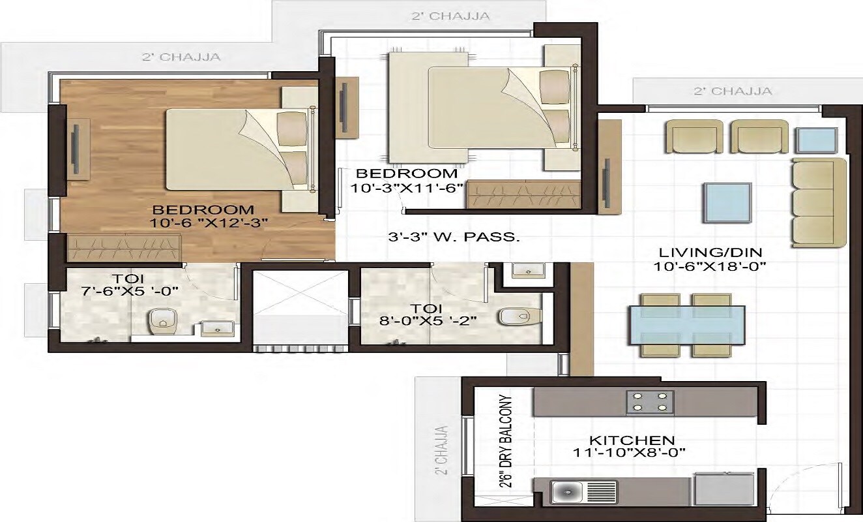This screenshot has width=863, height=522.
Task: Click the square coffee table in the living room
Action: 726,202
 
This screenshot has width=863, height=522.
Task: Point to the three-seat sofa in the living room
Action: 819,202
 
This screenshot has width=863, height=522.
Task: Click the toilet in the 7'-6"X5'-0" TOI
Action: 158,320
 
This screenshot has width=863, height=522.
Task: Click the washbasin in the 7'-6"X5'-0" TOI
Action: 213,327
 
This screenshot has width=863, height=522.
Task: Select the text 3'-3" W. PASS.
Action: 454,238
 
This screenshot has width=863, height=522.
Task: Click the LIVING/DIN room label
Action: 700,253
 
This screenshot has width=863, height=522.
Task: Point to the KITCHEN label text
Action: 632,440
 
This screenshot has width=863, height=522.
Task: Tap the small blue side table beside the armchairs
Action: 816,140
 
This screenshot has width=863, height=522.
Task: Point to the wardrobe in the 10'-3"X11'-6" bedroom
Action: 523,194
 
